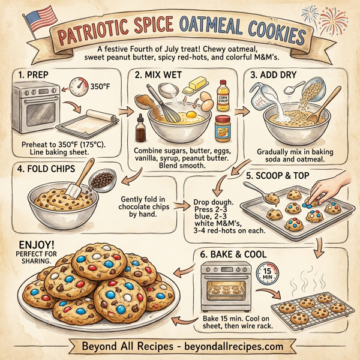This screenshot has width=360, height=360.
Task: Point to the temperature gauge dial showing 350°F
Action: click(79, 86)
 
